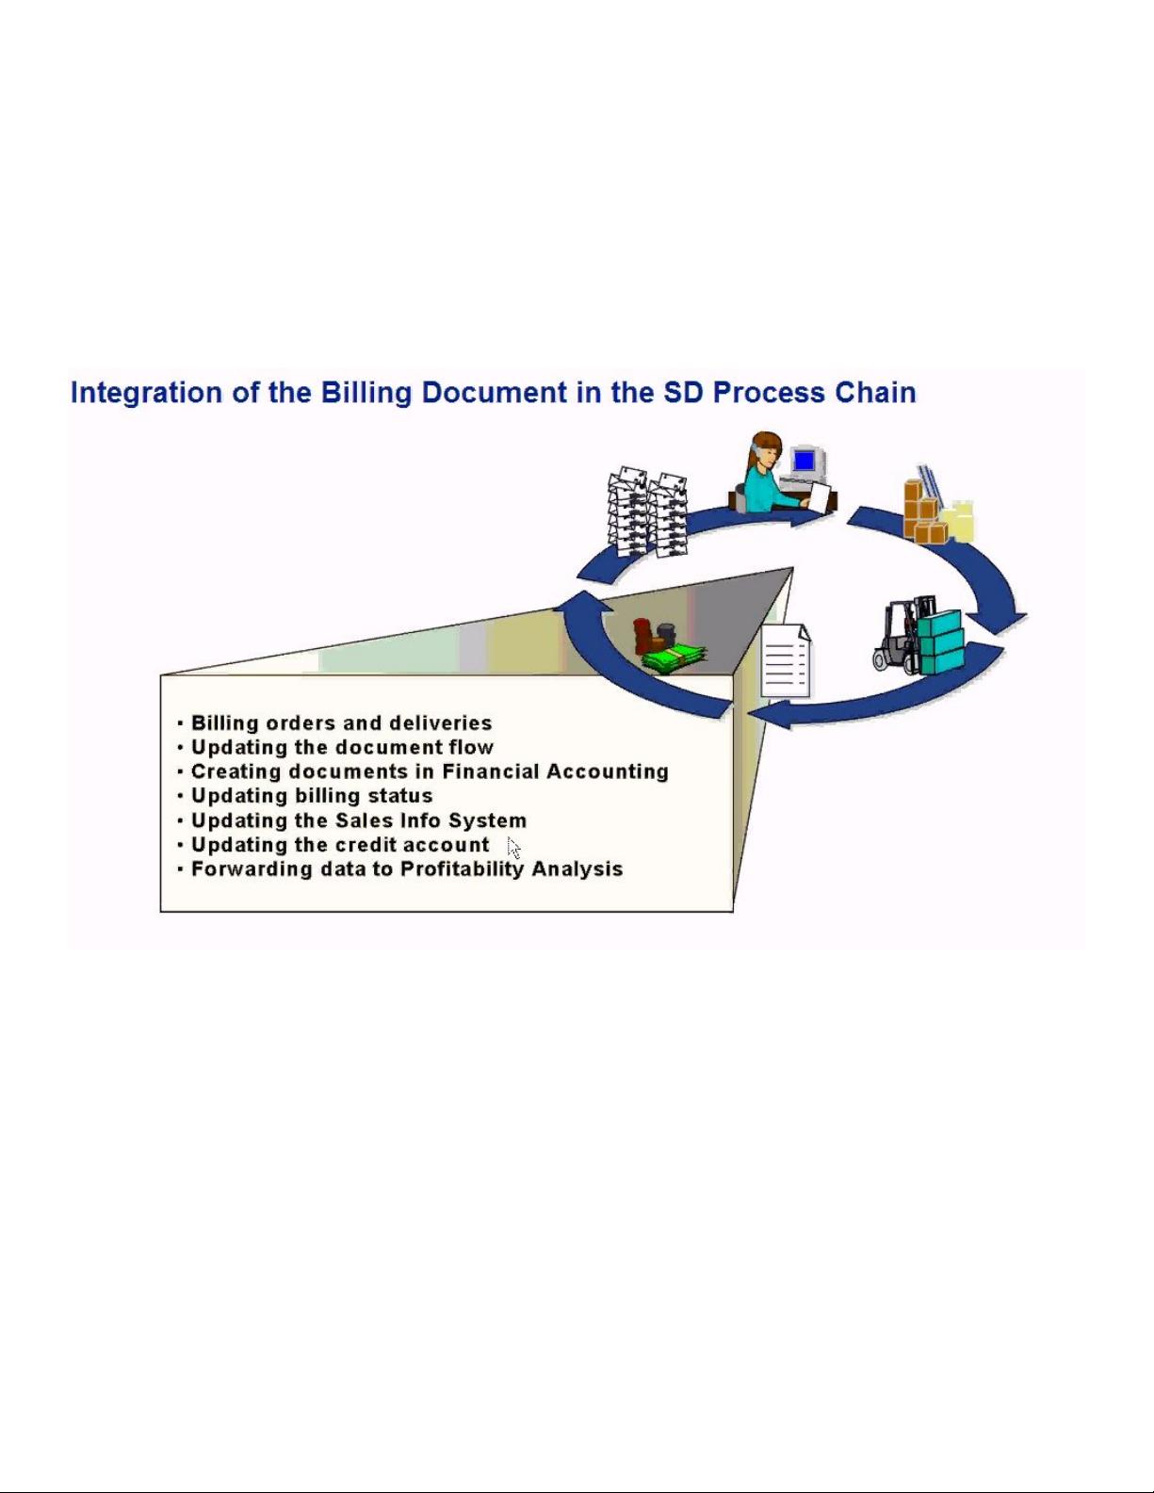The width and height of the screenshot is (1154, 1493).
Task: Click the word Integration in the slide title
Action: [146, 393]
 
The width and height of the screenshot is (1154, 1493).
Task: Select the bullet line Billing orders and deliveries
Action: [341, 722]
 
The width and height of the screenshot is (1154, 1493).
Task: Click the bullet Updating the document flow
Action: [342, 747]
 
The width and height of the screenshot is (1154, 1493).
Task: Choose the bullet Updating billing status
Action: [312, 796]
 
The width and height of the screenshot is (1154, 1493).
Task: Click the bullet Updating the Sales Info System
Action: [359, 820]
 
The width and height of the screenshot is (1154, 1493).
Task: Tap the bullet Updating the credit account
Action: [340, 844]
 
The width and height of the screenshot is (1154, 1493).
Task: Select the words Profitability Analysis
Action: [512, 869]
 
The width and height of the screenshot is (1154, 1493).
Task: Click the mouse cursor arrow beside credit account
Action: [513, 848]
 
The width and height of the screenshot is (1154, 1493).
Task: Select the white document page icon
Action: [786, 660]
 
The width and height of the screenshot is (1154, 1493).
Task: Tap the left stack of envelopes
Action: [627, 511]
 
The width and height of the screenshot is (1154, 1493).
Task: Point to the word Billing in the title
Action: [366, 393]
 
